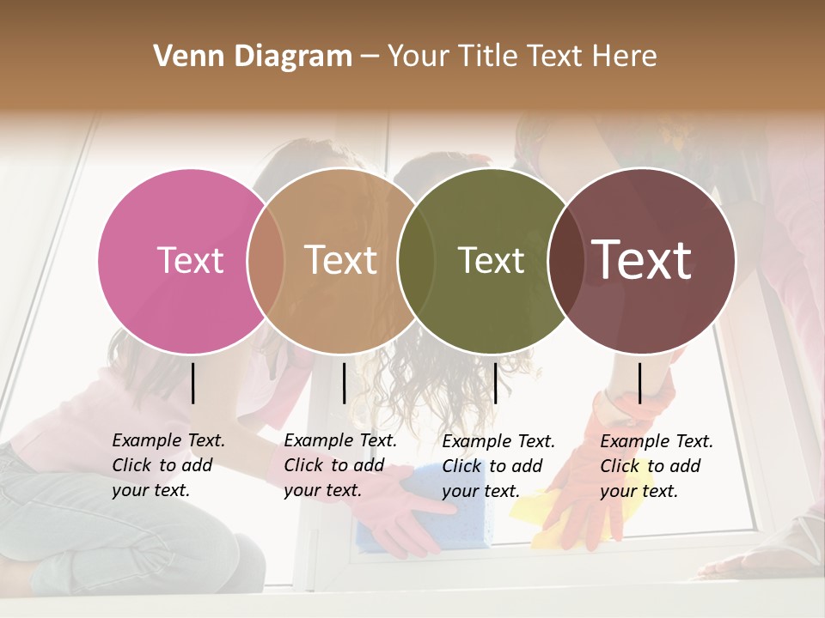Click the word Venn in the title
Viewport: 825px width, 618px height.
pyautogui.click(x=182, y=57)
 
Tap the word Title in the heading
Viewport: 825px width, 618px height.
pyautogui.click(x=491, y=57)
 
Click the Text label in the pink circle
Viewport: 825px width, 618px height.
pyautogui.click(x=190, y=260)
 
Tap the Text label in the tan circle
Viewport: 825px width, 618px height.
pyautogui.click(x=340, y=260)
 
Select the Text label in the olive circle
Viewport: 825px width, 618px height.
pyautogui.click(x=491, y=260)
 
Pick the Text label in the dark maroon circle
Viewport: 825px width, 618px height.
pyautogui.click(x=642, y=260)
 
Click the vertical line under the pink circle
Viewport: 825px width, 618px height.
pyautogui.click(x=193, y=383)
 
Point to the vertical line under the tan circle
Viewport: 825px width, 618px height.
pyautogui.click(x=344, y=383)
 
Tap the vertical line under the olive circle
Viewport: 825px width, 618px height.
pyautogui.click(x=496, y=383)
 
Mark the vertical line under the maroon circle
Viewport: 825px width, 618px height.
pyautogui.click(x=640, y=383)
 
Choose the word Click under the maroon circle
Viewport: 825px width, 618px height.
pyautogui.click(x=620, y=466)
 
